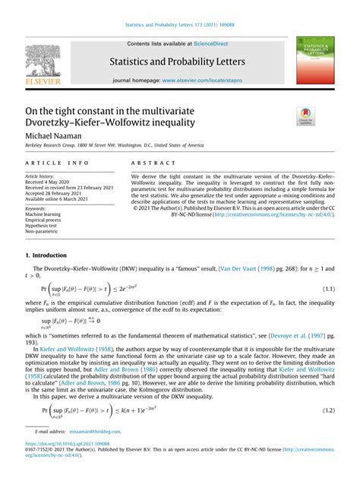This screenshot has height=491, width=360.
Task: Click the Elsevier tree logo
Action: click(42, 62)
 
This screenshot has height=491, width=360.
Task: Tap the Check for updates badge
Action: click(306, 116)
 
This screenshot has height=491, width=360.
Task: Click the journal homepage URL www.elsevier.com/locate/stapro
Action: click(203, 80)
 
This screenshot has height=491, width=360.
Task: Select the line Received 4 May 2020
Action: click(50, 182)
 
